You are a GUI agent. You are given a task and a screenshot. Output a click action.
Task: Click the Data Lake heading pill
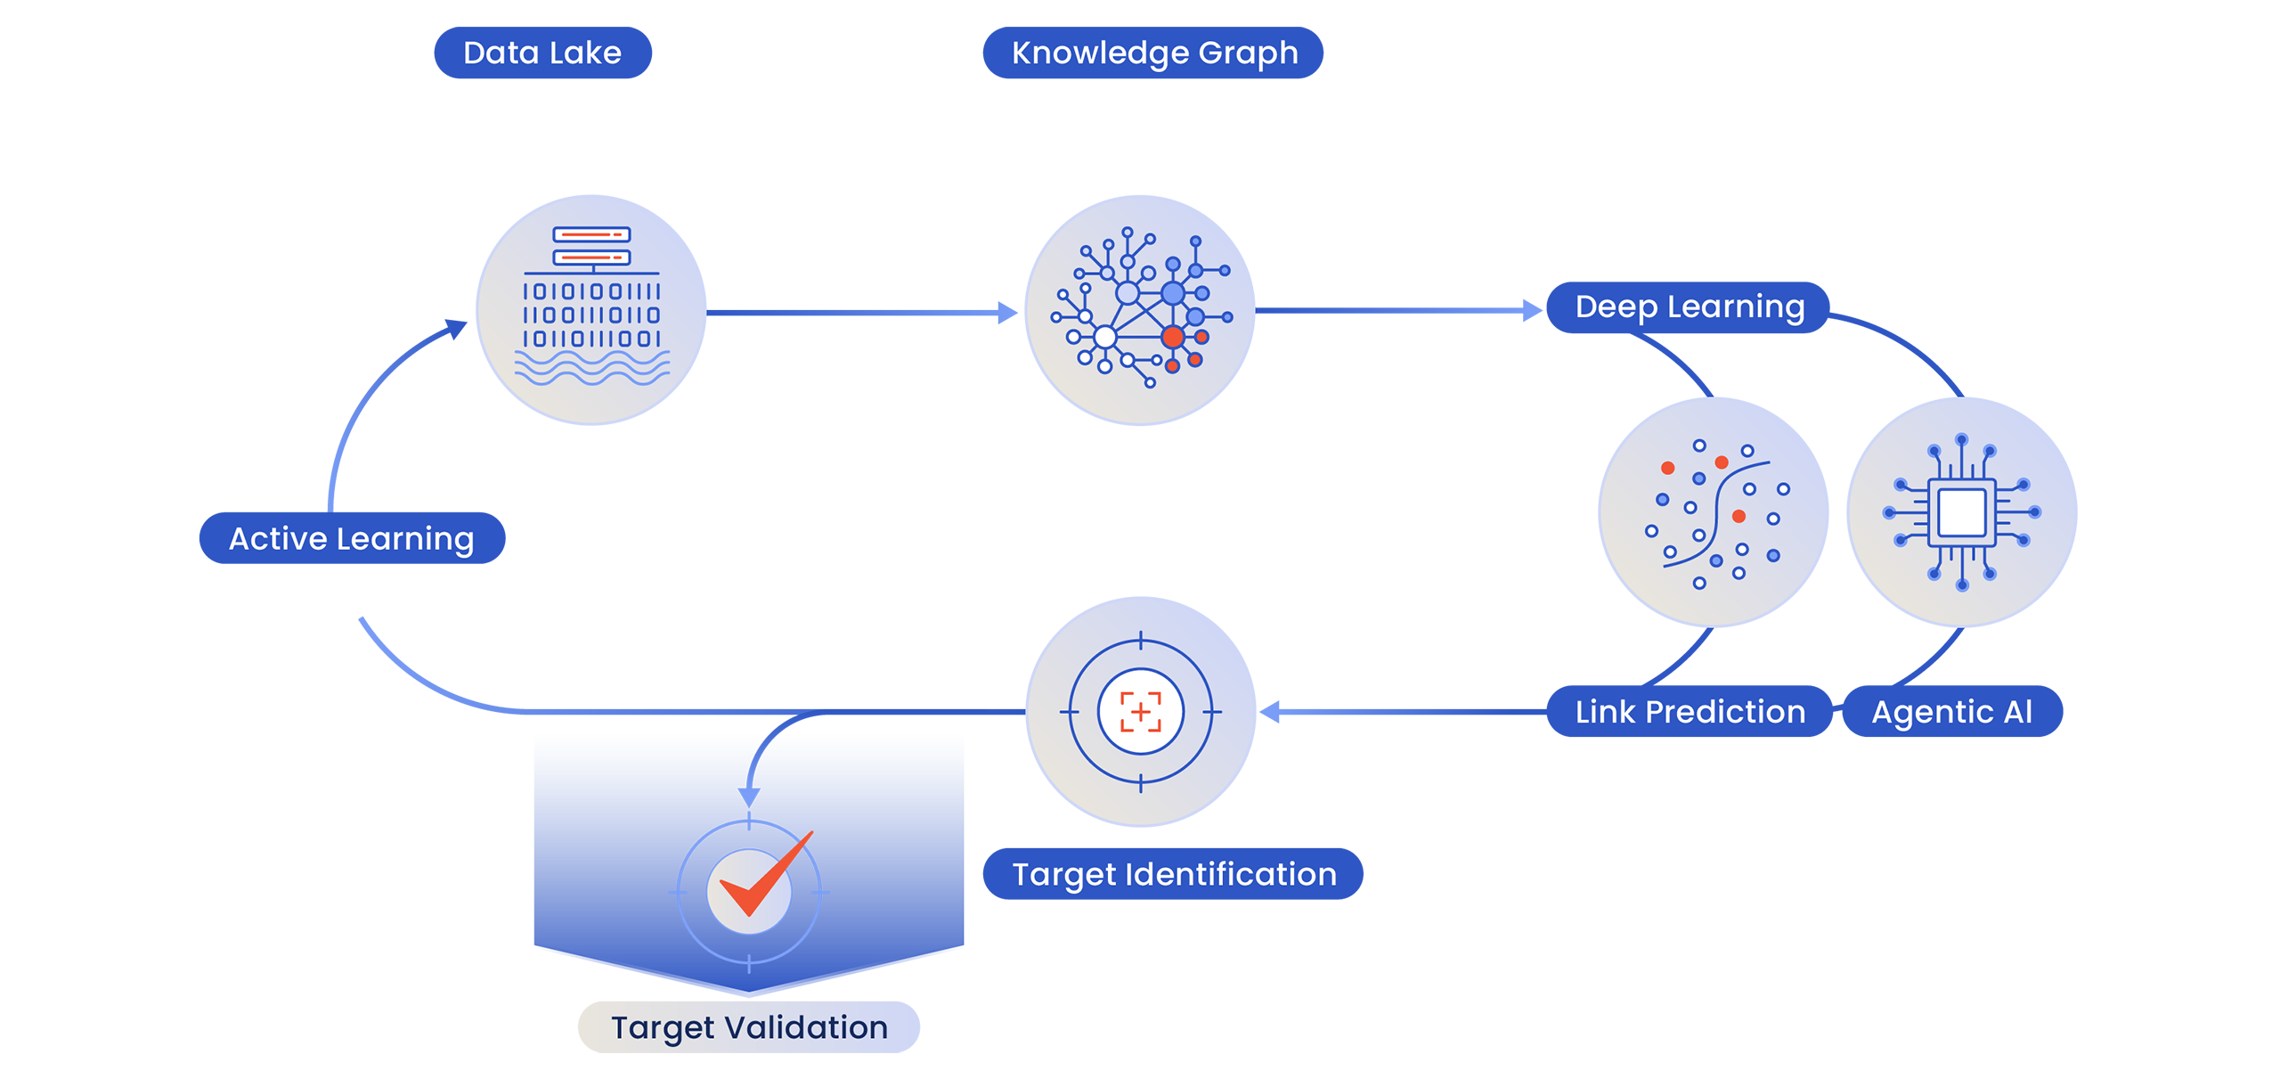click(542, 53)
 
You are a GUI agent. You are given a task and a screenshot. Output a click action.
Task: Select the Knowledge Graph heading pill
click(1153, 53)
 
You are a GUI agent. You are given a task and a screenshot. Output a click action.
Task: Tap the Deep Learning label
click(1690, 307)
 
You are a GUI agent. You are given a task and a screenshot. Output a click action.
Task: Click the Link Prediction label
click(1690, 712)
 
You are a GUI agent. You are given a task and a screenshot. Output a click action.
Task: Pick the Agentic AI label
click(1951, 712)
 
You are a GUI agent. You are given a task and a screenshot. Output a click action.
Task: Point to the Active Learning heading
click(351, 539)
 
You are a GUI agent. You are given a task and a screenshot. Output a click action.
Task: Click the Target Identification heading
click(1174, 874)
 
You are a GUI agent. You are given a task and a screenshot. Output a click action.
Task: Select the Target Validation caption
click(749, 1027)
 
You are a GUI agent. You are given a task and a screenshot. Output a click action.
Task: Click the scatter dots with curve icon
click(1712, 514)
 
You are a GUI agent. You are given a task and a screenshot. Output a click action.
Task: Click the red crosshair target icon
click(1140, 712)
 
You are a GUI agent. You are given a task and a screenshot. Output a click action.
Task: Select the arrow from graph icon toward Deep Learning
click(1398, 315)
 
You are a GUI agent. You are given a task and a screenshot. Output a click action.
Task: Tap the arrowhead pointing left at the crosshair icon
click(1272, 714)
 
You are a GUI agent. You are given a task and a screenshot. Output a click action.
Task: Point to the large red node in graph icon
click(1173, 337)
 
